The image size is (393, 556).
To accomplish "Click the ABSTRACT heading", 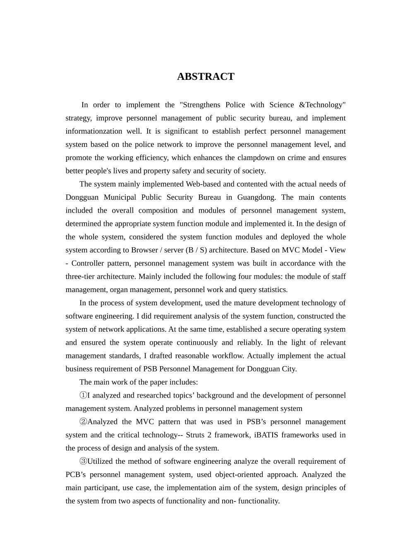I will coord(206,77).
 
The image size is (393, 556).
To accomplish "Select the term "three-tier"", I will coord(80,277).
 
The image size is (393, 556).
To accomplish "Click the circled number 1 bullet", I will coord(83,395).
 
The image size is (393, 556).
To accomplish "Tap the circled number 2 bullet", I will coord(83,422).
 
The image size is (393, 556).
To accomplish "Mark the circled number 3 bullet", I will coord(83,461).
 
